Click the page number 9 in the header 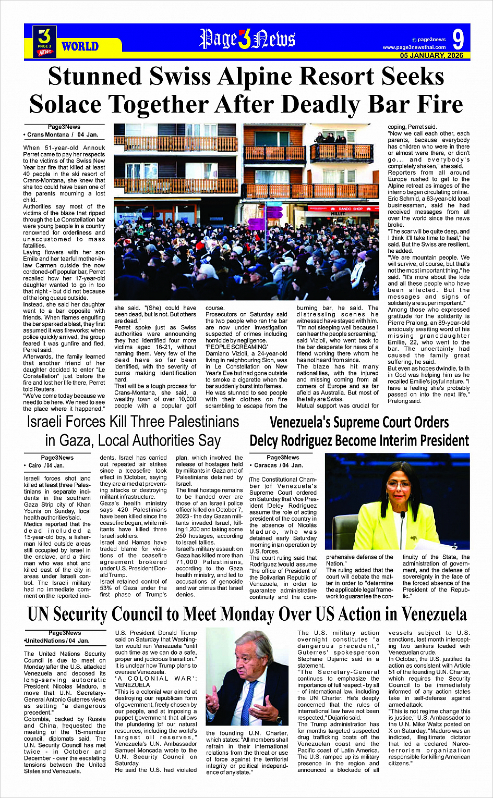click(458, 39)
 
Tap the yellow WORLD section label click(80, 46)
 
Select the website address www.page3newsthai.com click(414, 47)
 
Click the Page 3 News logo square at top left click(45, 41)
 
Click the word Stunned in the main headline click(94, 77)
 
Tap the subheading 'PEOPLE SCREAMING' click(236, 347)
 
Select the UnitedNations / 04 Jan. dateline click(57, 641)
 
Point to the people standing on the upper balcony click(331, 138)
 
